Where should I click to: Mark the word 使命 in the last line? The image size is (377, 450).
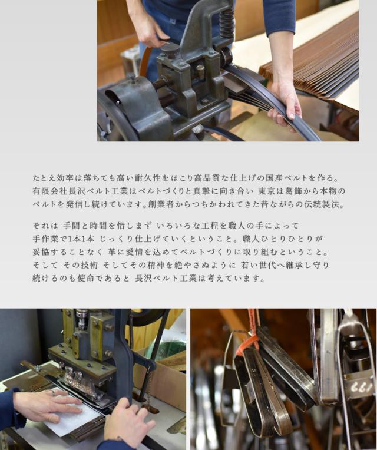tap(86, 278)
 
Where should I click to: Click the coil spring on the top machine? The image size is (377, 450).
tap(227, 22)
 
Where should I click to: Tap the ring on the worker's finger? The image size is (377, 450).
tap(53, 393)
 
